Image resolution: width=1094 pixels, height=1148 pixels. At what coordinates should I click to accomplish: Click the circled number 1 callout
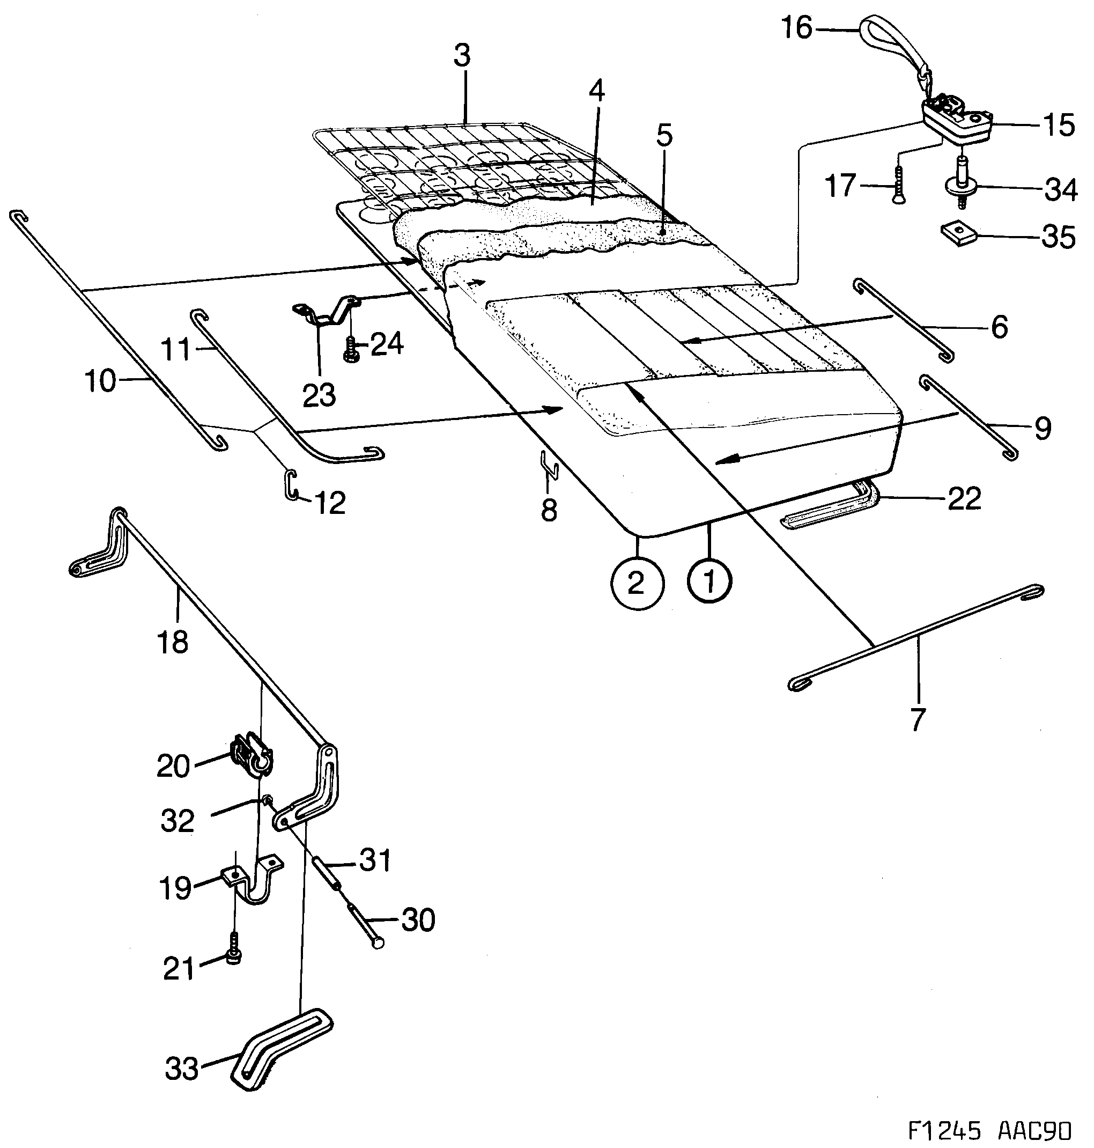click(x=709, y=581)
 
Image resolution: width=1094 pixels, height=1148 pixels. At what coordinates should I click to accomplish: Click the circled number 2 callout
click(x=638, y=583)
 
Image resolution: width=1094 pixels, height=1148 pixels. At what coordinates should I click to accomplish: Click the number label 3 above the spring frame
click(x=461, y=58)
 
